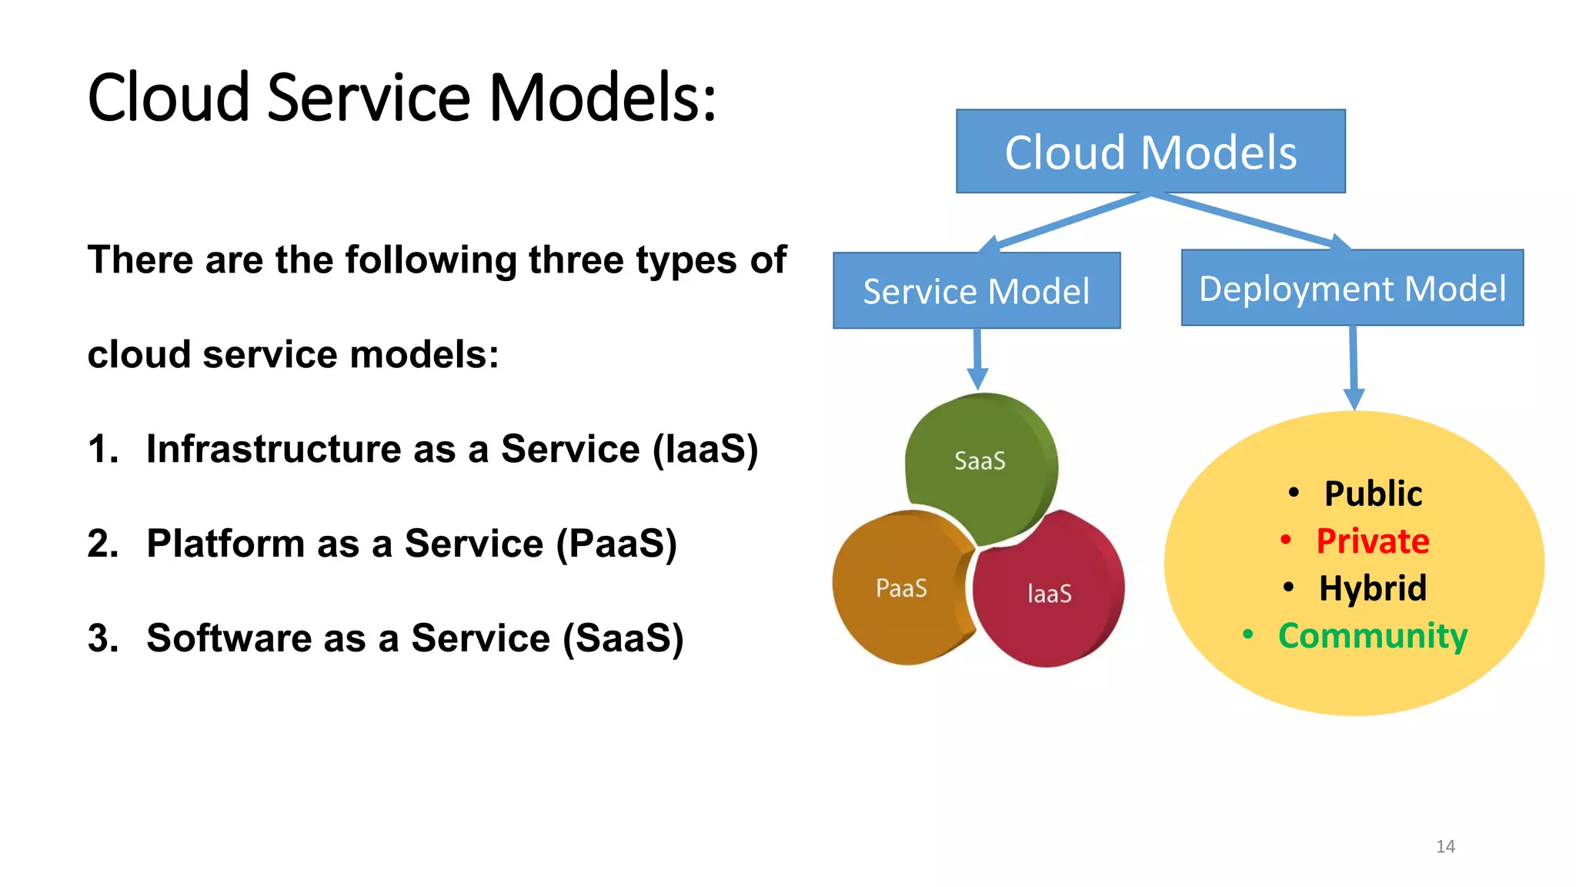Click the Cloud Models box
coord(1150,152)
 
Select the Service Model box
coord(977,291)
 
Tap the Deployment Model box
coord(1352,288)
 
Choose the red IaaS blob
coord(1050,594)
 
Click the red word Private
coord(1373,541)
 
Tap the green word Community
coord(1373,637)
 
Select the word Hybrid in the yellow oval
coord(1373,589)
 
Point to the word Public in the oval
coord(1373,494)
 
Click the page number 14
coord(1445,846)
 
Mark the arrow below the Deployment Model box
coord(1354,368)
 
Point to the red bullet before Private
coord(1285,541)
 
